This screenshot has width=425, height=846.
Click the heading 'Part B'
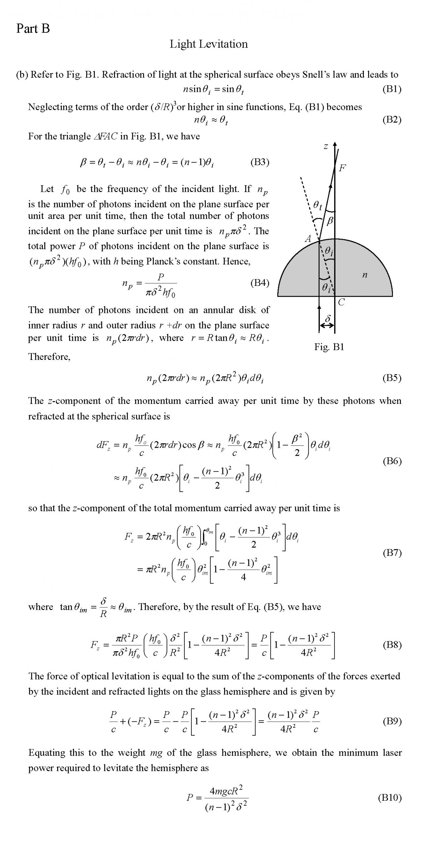(33, 29)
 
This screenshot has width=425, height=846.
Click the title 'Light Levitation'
(209, 44)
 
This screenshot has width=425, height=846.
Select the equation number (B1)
(392, 89)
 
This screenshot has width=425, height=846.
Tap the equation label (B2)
(392, 119)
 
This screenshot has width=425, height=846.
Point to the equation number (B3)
(260, 162)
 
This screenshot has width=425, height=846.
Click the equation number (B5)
(392, 378)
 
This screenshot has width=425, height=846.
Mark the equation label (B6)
(392, 461)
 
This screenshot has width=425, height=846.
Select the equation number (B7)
(392, 553)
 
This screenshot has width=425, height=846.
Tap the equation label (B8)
(392, 645)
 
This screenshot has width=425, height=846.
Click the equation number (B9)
(392, 721)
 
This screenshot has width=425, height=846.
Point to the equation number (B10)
(390, 798)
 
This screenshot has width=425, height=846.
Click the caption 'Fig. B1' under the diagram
(329, 347)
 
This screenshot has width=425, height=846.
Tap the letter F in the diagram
(342, 168)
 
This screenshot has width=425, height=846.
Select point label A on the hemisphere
(308, 239)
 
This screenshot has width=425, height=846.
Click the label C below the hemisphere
(341, 302)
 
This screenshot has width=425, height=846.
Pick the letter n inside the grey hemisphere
(365, 275)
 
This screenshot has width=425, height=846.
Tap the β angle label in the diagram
(329, 221)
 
